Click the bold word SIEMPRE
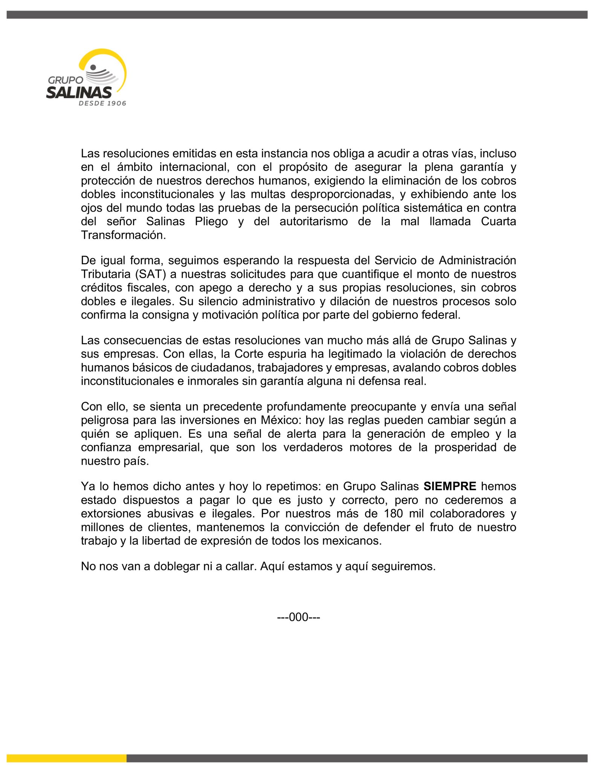[x=450, y=486]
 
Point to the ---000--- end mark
[x=298, y=617]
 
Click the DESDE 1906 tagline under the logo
[x=102, y=103]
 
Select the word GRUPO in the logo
[x=66, y=80]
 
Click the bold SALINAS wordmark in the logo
[x=79, y=92]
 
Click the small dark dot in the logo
[x=93, y=67]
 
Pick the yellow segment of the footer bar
[x=66, y=758]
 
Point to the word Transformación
[x=123, y=235]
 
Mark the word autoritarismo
[x=313, y=221]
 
